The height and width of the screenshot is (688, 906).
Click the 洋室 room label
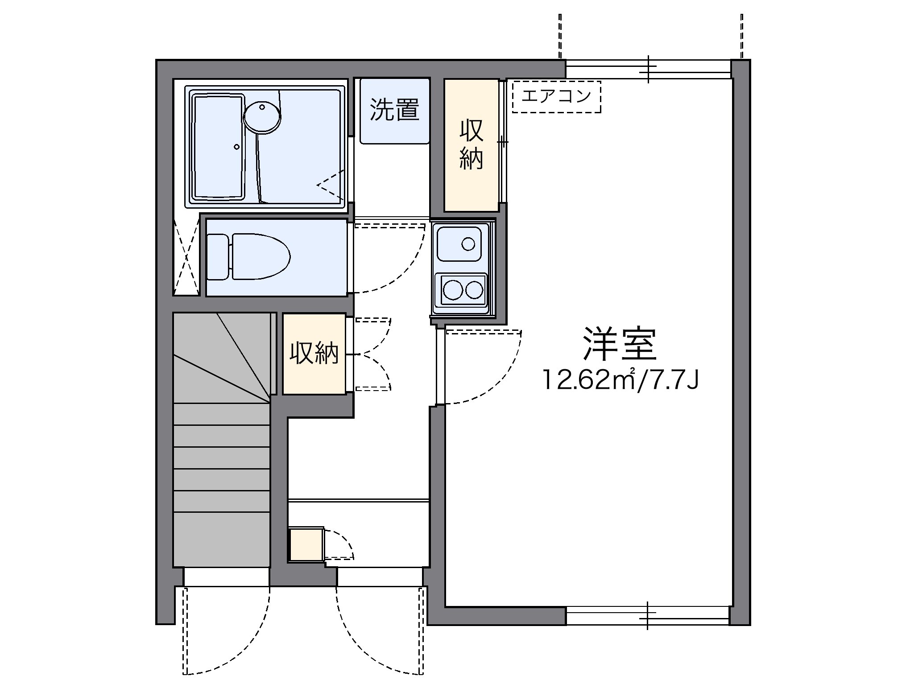620,345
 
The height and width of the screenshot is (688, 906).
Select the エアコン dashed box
556,96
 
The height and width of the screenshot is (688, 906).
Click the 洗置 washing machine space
394,111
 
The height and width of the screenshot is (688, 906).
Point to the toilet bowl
260,256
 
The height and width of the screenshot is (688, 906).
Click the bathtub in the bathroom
218,146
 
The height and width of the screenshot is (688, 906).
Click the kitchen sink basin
459,243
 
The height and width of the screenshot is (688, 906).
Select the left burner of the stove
453,291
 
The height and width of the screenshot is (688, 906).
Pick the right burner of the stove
474,291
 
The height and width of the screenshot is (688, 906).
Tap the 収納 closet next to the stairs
314,354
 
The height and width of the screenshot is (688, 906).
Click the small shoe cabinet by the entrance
306,544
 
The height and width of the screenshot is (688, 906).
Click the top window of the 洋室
648,69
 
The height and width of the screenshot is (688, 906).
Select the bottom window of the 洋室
648,616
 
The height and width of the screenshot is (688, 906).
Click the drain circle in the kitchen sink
468,244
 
